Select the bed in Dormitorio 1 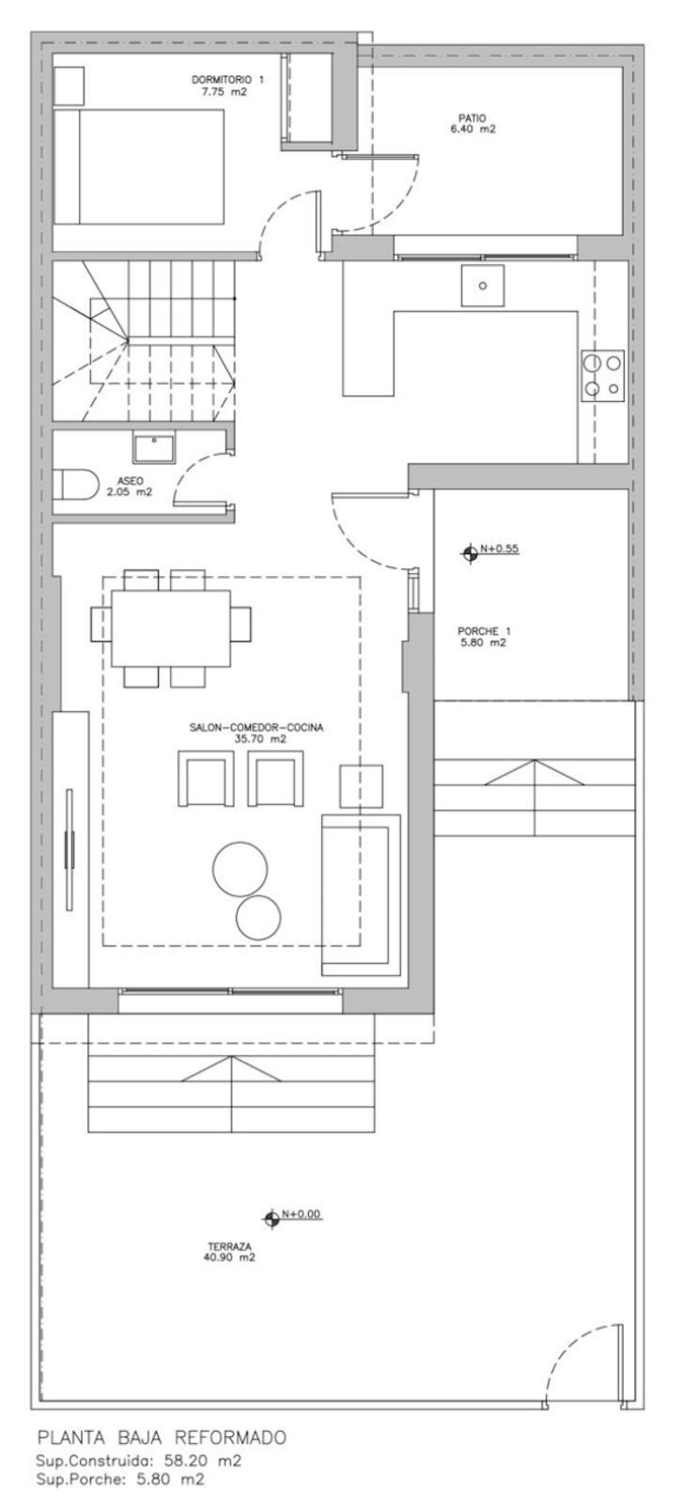click(x=139, y=167)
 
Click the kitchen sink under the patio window click(x=483, y=287)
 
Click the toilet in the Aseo click(x=75, y=486)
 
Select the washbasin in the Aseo click(x=152, y=448)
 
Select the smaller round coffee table click(x=258, y=918)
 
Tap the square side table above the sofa click(x=362, y=785)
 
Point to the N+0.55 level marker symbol click(x=470, y=553)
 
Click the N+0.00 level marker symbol click(x=272, y=1217)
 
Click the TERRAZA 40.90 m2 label click(x=229, y=1251)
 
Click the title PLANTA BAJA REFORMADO click(x=161, y=1438)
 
